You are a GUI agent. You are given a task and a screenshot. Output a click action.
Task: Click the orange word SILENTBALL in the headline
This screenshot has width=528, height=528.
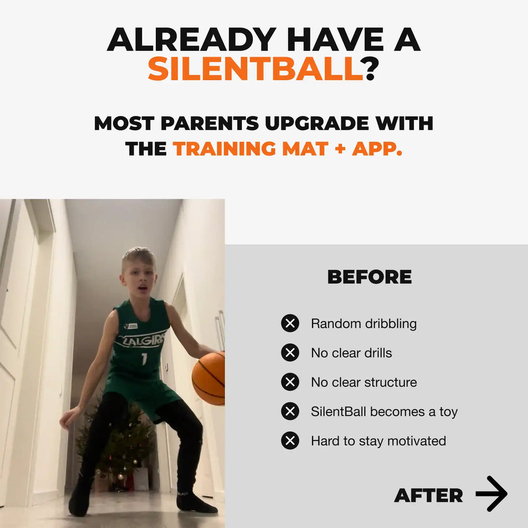[256, 69]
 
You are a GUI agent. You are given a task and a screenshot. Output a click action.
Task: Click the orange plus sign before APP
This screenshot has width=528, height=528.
[341, 148]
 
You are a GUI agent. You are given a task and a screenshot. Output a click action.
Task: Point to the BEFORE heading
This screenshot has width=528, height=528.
[370, 277]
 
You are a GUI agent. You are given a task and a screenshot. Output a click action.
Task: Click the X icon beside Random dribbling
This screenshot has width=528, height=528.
[290, 323]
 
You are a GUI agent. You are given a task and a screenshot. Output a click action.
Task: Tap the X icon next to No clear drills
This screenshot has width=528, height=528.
[290, 353]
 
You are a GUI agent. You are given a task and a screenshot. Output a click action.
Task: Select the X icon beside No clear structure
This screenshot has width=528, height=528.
[290, 382]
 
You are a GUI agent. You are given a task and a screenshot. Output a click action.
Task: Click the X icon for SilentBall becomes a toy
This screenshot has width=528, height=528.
[290, 411]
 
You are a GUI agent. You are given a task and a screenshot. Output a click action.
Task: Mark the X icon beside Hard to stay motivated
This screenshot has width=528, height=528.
[290, 440]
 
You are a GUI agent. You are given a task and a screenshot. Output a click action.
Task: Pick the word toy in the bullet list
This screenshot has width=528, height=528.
[448, 412]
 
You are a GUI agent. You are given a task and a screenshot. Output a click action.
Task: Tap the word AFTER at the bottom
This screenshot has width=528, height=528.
[428, 495]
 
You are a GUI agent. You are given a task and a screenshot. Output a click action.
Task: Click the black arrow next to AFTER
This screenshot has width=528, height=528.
[491, 494]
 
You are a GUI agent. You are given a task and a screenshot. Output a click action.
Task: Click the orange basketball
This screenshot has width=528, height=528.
[209, 379]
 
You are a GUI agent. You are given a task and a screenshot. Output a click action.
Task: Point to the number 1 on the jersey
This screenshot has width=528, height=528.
[145, 359]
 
